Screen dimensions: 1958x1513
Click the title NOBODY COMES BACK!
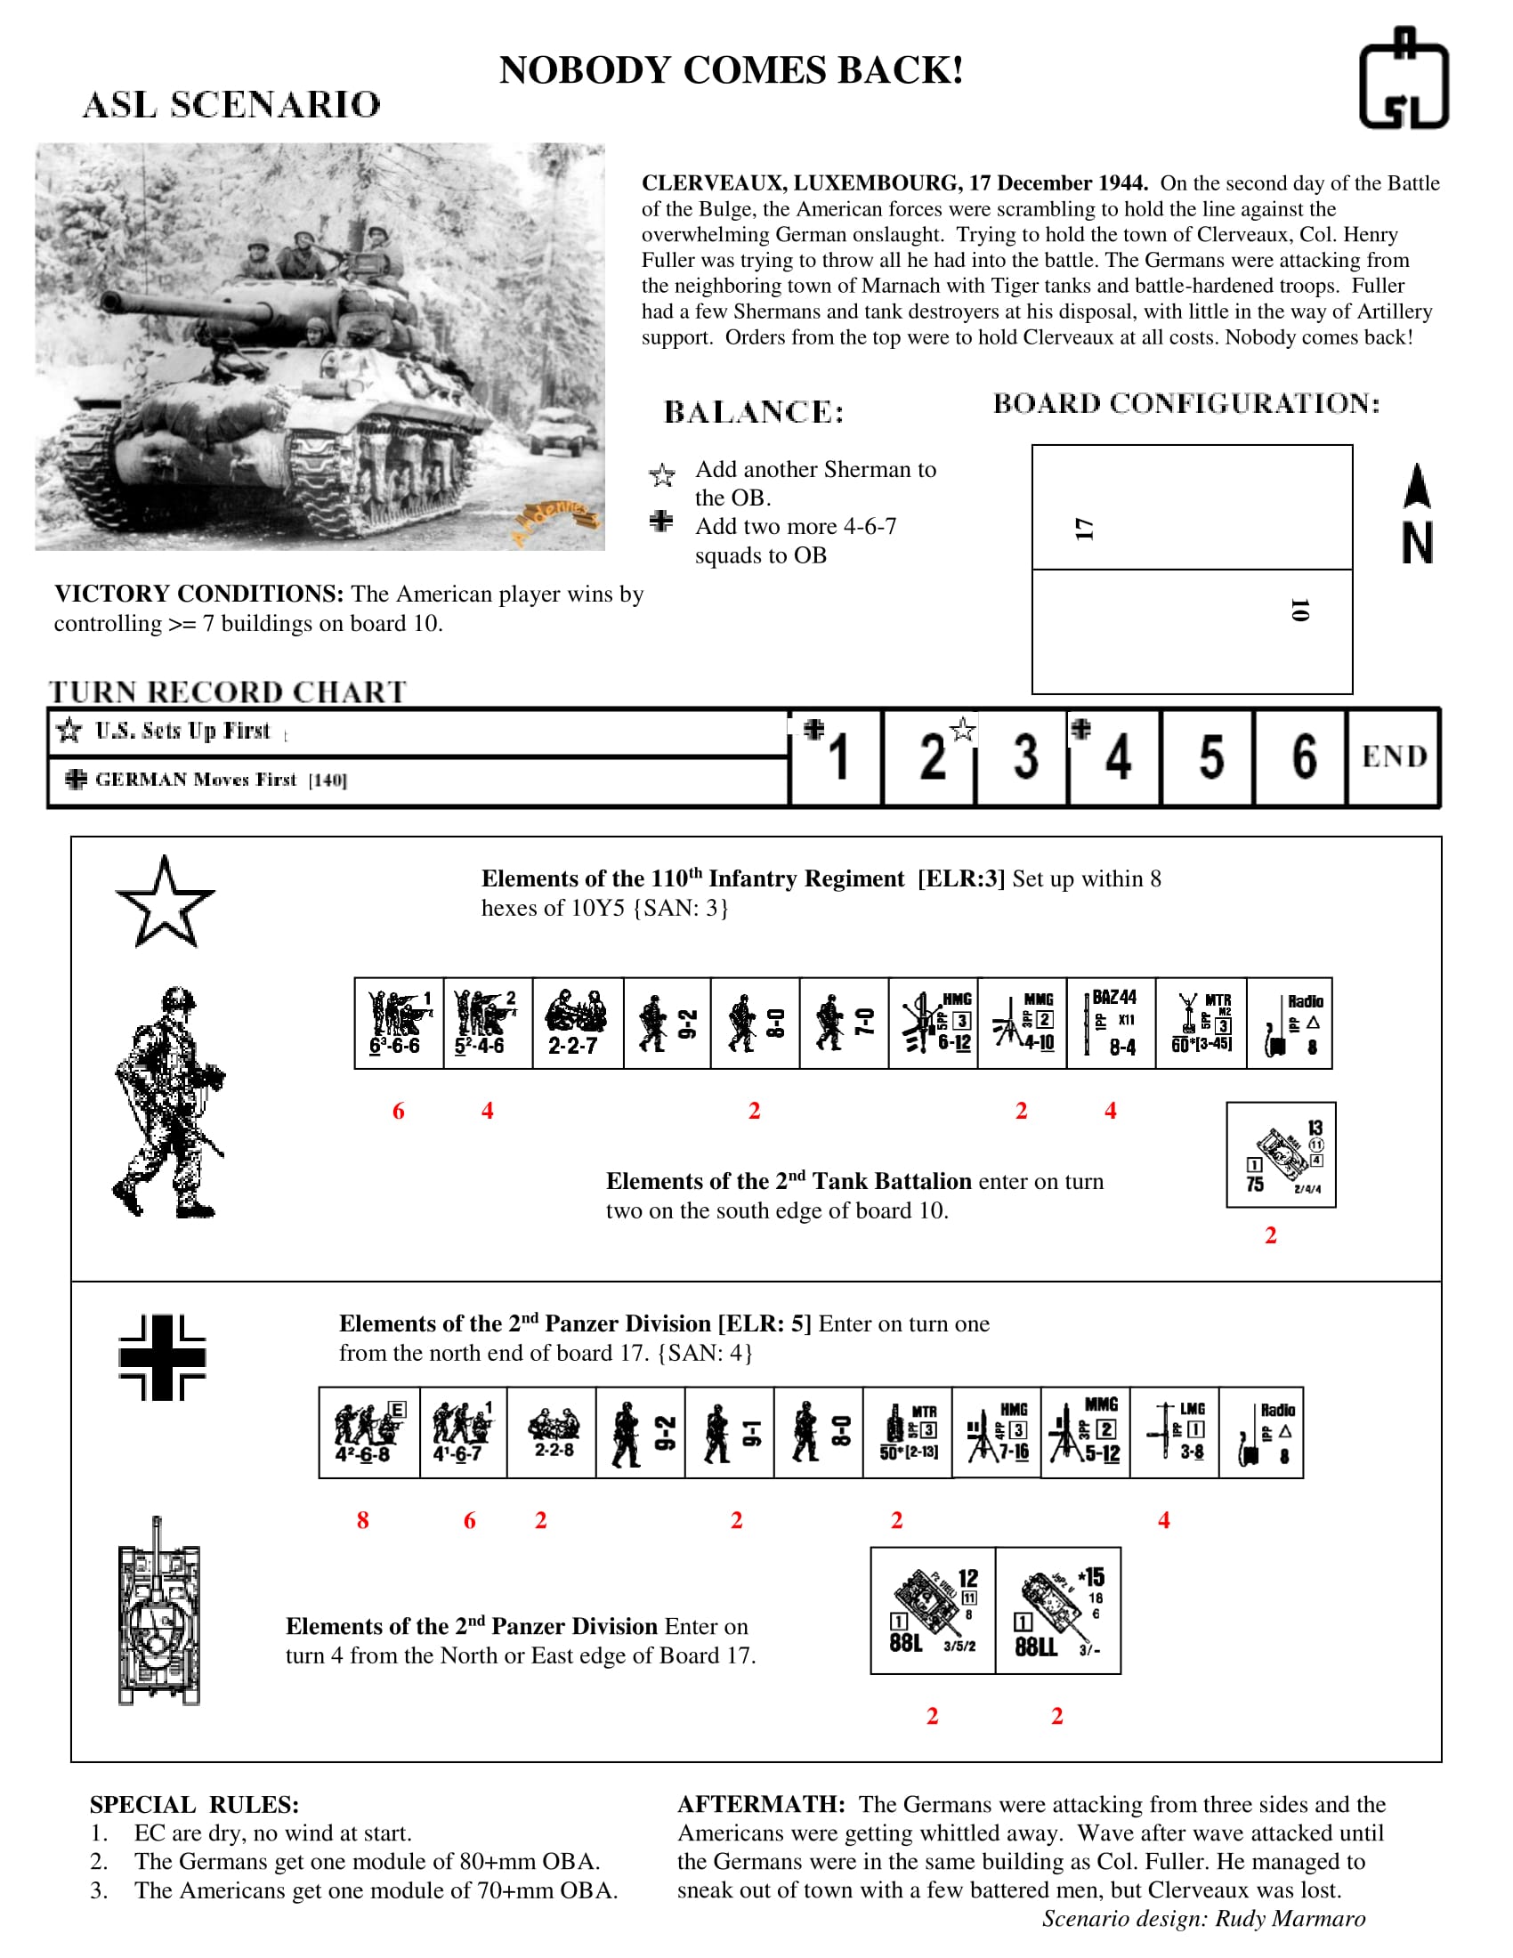click(731, 70)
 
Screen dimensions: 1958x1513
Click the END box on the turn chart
click(1393, 756)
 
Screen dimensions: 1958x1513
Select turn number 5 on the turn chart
click(1210, 756)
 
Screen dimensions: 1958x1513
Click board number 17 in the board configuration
click(1085, 528)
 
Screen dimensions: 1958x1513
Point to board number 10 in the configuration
click(1299, 611)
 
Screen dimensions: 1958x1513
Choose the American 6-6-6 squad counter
click(399, 1023)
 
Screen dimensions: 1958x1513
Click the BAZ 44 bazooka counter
click(1112, 1023)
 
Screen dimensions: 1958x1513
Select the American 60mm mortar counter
click(1201, 1023)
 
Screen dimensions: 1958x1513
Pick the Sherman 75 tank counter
click(1281, 1154)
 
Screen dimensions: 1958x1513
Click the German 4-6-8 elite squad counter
click(368, 1432)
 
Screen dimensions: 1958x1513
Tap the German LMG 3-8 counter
click(1174, 1432)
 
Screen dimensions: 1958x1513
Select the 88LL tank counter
click(1057, 1610)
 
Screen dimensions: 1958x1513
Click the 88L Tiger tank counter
click(932, 1610)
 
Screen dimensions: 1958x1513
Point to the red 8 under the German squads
click(362, 1520)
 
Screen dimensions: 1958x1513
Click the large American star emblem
click(165, 903)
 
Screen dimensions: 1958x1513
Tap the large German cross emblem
click(162, 1357)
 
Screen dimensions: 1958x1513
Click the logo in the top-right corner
click(1403, 78)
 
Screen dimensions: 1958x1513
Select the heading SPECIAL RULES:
click(194, 1805)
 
